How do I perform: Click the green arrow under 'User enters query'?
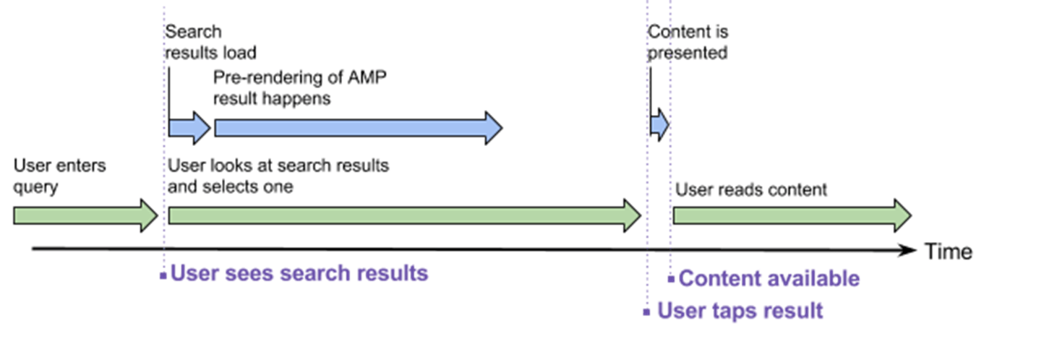click(x=86, y=215)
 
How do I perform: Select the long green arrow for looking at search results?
click(x=405, y=215)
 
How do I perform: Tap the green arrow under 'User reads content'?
click(x=792, y=215)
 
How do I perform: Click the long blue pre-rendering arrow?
click(x=359, y=128)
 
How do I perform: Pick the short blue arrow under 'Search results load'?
click(x=189, y=128)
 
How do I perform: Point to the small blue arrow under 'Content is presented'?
click(x=660, y=125)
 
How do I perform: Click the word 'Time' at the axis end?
click(x=949, y=252)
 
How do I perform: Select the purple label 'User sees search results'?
click(x=299, y=273)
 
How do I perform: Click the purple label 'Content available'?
click(x=769, y=278)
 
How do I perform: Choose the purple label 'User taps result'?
click(x=740, y=311)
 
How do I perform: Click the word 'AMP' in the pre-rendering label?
click(x=367, y=77)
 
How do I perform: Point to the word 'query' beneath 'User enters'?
click(x=36, y=188)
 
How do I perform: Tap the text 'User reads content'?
click(x=751, y=189)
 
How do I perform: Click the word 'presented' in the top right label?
click(x=688, y=53)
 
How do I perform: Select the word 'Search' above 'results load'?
click(x=194, y=32)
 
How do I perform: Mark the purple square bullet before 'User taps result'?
click(x=646, y=312)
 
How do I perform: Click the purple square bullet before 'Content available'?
click(x=671, y=280)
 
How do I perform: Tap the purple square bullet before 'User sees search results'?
click(x=163, y=275)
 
